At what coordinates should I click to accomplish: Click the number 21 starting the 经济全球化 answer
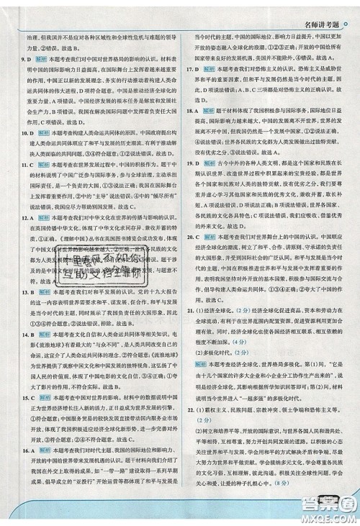189,331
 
